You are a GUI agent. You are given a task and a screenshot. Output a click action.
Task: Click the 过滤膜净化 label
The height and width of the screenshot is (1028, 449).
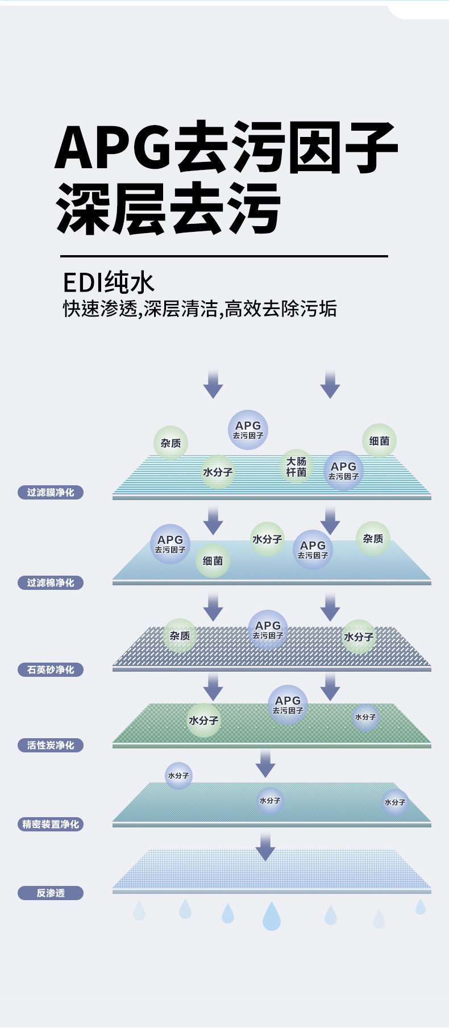[x=51, y=492]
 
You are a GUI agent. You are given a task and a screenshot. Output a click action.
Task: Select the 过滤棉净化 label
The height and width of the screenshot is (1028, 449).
[x=51, y=582]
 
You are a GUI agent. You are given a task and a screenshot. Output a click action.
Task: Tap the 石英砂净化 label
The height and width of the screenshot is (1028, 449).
[x=51, y=669]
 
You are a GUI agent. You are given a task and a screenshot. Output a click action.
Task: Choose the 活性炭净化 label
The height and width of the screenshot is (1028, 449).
[x=51, y=745]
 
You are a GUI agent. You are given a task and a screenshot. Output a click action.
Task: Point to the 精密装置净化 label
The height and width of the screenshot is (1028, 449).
[x=51, y=824]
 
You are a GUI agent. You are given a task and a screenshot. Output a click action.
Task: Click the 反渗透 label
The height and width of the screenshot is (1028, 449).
[x=51, y=893]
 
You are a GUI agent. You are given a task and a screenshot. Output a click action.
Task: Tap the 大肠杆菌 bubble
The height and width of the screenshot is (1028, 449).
[x=296, y=467]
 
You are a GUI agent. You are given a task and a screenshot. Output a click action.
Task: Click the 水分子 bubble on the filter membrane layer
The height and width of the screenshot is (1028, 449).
[x=218, y=472]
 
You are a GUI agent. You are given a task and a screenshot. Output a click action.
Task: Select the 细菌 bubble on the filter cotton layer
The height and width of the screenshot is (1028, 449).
[x=213, y=561]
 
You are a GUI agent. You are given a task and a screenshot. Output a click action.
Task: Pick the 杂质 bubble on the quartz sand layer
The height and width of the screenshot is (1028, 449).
[x=180, y=635]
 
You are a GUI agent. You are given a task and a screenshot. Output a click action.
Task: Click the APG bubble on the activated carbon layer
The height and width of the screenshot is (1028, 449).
[x=288, y=705]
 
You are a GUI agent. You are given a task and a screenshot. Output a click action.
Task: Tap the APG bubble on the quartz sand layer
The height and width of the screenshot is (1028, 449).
[x=268, y=630]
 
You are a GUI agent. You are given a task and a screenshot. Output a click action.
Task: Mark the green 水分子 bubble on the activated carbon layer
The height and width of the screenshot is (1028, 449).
[x=203, y=720]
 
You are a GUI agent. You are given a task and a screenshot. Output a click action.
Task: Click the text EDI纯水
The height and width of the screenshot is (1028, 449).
[x=109, y=283]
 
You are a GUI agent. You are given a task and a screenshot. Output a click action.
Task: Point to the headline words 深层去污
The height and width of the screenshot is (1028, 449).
[x=168, y=209]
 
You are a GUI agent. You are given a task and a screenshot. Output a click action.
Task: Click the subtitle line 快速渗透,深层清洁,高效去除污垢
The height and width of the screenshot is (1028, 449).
[x=199, y=309]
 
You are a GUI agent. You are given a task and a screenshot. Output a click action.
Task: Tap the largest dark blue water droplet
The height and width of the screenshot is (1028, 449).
[x=272, y=916]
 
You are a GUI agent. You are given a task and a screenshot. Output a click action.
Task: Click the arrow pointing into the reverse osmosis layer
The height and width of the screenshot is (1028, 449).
[x=265, y=847]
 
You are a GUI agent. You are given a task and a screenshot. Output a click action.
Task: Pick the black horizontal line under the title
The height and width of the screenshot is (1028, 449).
[x=224, y=256]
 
